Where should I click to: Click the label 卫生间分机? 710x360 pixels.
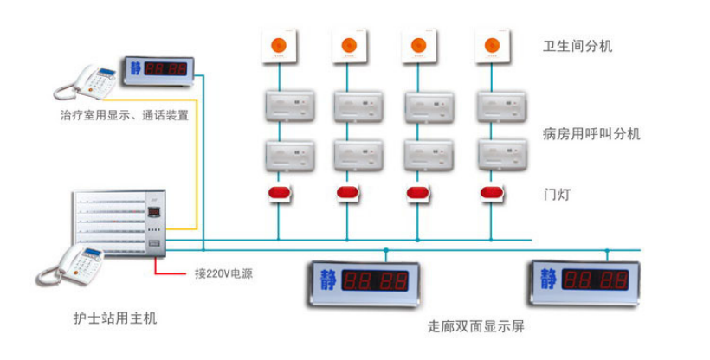(578, 46)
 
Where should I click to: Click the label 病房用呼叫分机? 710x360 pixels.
(591, 134)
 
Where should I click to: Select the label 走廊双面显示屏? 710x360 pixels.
(475, 327)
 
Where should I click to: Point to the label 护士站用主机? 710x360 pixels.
(116, 318)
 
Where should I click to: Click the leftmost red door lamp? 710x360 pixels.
(279, 192)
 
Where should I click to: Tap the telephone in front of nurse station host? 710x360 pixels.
(67, 266)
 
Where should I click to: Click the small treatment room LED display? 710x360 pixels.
(158, 67)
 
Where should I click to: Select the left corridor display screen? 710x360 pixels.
(361, 281)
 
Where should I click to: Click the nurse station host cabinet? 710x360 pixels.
(117, 223)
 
